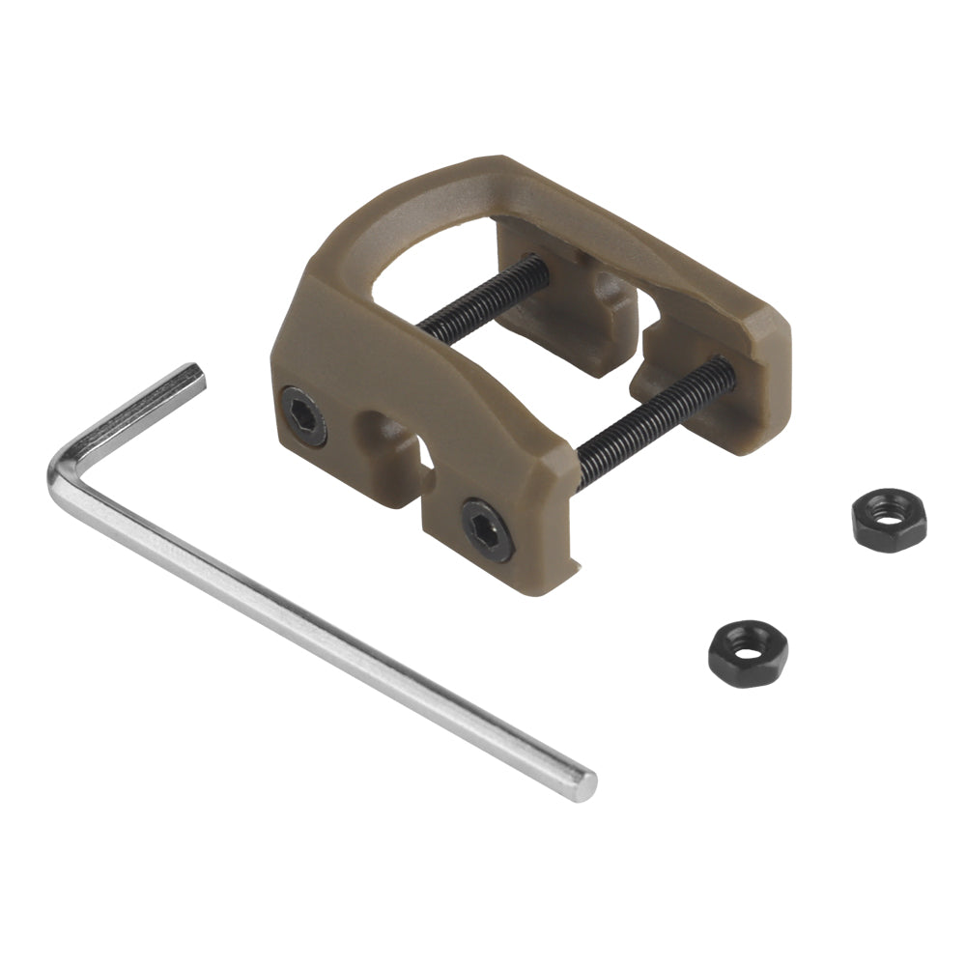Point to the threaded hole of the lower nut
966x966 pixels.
tap(747, 648)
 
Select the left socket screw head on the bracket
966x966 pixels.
tap(303, 415)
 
